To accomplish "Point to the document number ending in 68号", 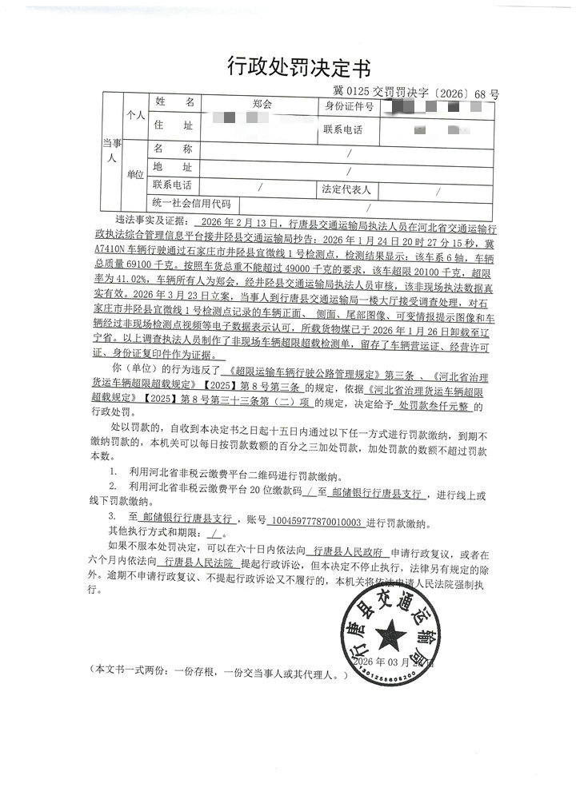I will [415, 93].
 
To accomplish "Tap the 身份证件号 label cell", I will [349, 105].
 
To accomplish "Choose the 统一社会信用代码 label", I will [190, 205].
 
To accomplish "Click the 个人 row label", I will [134, 116].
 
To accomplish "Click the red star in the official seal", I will [390, 637].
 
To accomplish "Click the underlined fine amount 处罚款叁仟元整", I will [439, 407].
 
